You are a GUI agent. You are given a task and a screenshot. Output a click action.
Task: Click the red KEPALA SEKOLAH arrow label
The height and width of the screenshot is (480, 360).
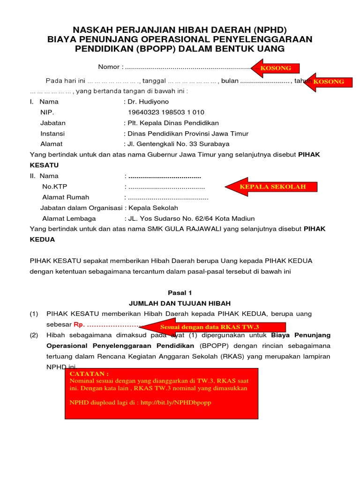(272, 187)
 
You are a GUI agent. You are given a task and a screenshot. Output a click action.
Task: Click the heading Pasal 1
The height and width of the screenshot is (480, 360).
(180, 292)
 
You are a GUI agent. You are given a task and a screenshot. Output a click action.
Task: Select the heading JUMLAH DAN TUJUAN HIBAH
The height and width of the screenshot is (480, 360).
(180, 303)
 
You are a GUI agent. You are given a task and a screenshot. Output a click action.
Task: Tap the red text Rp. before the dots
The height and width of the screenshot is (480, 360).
(78, 324)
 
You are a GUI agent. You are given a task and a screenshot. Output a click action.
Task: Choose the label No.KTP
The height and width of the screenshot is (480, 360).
(55, 187)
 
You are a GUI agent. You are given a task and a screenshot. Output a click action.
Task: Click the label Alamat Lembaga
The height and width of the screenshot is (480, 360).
(69, 218)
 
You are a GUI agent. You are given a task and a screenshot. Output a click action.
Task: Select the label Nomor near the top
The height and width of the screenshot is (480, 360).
(109, 67)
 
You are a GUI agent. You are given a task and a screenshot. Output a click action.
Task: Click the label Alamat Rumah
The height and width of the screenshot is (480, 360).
(66, 197)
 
